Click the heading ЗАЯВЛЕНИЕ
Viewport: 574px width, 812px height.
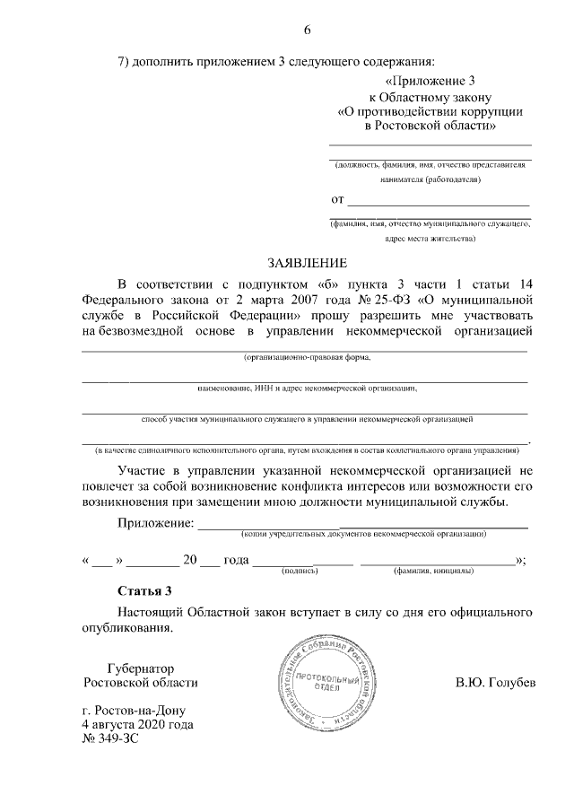coord(305,263)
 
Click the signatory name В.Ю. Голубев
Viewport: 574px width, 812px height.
coord(495,683)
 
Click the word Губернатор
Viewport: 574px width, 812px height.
coord(139,668)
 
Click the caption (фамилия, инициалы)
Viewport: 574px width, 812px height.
coord(438,571)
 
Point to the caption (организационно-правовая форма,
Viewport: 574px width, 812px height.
coord(306,358)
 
